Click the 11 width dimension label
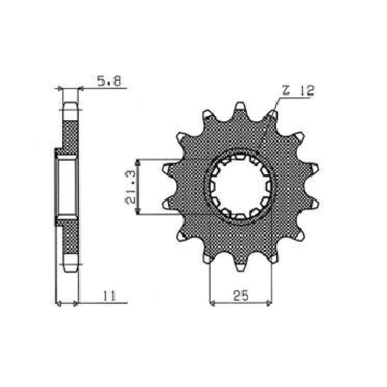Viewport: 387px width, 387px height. click(108, 297)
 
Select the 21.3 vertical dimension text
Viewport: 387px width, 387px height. click(131, 187)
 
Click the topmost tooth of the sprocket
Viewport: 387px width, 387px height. click(240, 107)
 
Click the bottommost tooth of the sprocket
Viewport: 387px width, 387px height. click(240, 268)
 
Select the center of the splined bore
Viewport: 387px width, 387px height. click(240, 187)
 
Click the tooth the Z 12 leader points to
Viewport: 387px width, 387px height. click(273, 114)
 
